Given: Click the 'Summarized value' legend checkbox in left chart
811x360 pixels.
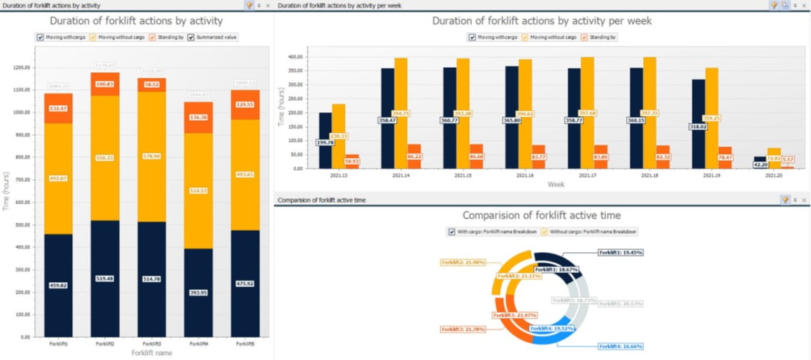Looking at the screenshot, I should [191, 37].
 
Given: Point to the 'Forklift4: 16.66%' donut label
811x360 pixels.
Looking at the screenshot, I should [620, 346].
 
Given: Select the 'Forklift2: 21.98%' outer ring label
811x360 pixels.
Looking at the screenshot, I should [463, 262].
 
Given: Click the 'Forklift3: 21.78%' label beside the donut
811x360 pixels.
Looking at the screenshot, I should [463, 329].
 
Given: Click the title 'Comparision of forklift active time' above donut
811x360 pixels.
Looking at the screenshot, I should [541, 215].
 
